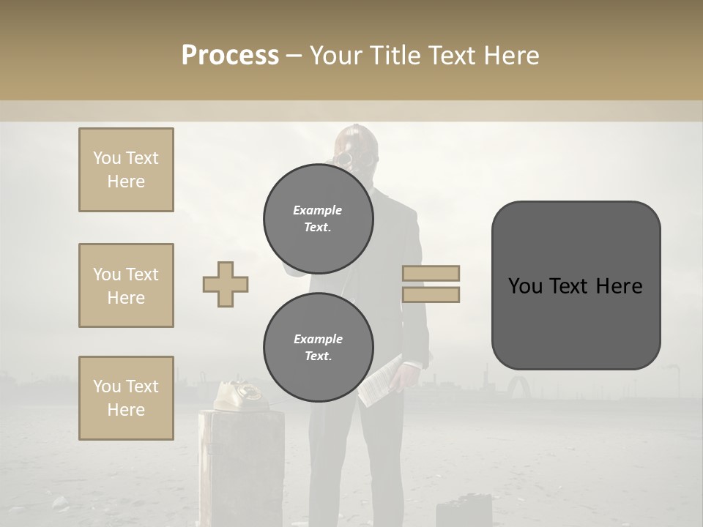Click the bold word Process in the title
pos(230,56)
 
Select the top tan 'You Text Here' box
pos(126,170)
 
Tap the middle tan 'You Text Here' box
pos(126,285)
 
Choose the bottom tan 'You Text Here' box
pos(126,398)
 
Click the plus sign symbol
pos(226,284)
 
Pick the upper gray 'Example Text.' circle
pos(318,218)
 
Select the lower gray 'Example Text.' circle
pos(318,347)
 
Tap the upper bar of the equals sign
pos(431,273)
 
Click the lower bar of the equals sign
pos(431,294)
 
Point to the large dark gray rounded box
pos(576,285)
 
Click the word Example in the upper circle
pos(318,210)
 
